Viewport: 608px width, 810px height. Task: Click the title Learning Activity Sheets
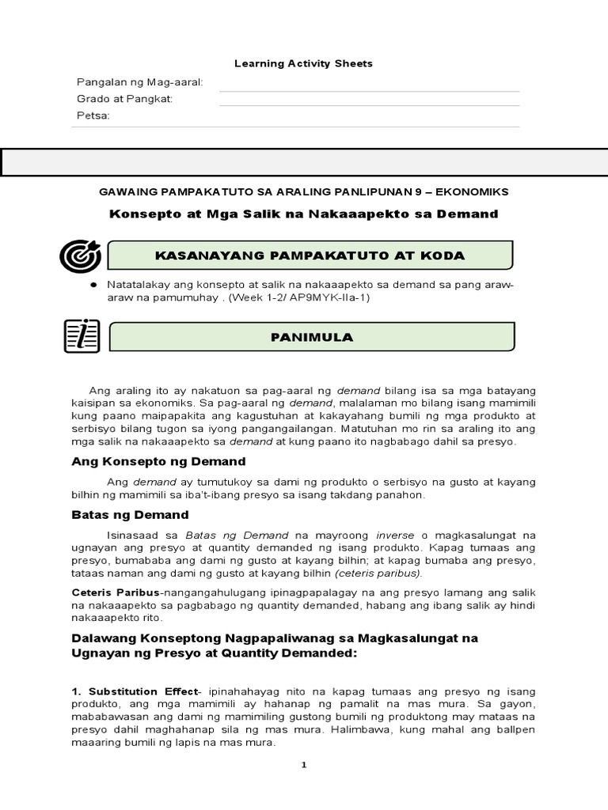coord(304,63)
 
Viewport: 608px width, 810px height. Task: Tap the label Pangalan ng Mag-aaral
coord(139,82)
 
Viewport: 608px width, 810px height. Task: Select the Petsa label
coord(93,115)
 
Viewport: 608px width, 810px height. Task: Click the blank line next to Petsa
coord(369,126)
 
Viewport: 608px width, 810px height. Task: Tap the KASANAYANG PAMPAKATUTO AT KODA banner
coord(310,255)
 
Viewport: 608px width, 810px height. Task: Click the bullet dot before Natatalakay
coord(93,284)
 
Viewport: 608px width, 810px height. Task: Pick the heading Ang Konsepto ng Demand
coord(159,461)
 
